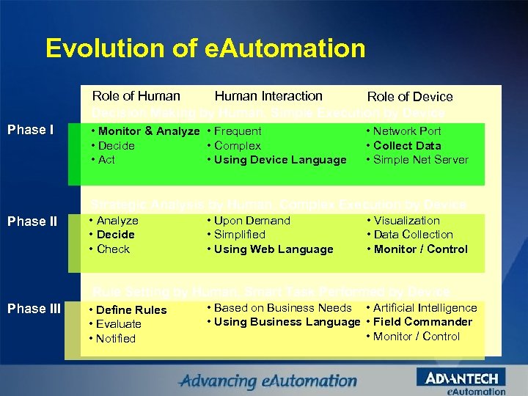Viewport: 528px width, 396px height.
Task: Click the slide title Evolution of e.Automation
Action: (205, 48)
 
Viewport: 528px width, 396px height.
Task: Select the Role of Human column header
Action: (136, 96)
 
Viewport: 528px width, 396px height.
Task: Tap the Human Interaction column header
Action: (268, 96)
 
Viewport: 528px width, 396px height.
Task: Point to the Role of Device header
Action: (410, 97)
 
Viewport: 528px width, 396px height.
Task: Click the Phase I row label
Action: (30, 131)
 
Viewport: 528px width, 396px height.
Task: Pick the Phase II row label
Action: (32, 221)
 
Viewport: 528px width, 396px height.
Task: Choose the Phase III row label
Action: (34, 309)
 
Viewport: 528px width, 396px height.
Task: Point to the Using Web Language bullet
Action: (274, 249)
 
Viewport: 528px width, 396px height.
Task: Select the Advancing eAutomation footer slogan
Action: (269, 381)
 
